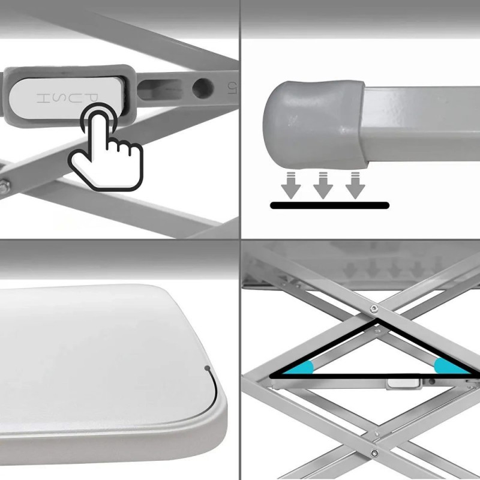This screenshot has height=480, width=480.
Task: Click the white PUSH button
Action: point(66,98)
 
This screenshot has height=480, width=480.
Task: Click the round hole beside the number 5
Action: point(203,88)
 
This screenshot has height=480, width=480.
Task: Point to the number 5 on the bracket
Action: point(231,88)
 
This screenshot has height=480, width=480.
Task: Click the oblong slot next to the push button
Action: point(160,89)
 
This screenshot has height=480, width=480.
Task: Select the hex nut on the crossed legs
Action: point(4,186)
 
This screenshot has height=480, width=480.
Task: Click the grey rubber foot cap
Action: point(316,125)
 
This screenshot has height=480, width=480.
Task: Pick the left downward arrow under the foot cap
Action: point(291,185)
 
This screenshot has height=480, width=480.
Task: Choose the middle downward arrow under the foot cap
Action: point(323,185)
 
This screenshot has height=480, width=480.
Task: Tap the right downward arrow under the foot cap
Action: point(355,185)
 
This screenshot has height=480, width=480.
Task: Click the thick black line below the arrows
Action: point(329,205)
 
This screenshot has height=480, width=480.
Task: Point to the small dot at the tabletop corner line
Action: point(207,368)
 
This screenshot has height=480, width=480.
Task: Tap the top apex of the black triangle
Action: point(377,319)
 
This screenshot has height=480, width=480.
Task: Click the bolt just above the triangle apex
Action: point(373,309)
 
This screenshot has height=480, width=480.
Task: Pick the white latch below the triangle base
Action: point(403,383)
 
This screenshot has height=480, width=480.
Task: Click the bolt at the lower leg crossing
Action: point(374,454)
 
